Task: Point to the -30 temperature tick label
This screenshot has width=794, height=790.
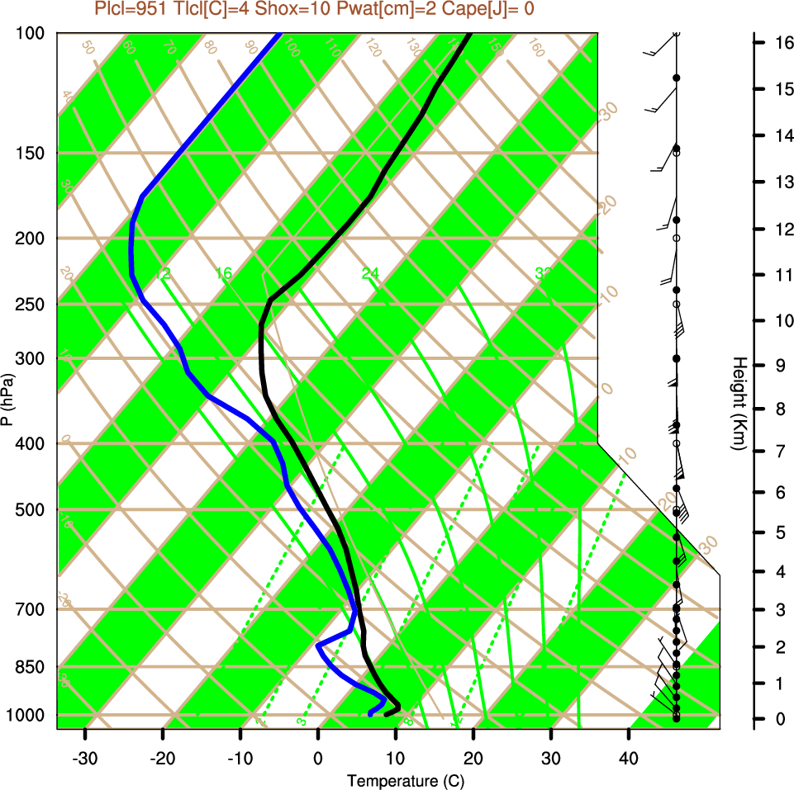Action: pos(85,758)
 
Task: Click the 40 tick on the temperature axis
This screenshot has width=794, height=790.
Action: pos(629,758)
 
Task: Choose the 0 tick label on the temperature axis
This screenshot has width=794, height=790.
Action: pos(318,758)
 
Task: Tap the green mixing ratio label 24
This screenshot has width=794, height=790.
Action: pos(370,273)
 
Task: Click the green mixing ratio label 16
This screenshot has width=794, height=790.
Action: pos(224,273)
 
